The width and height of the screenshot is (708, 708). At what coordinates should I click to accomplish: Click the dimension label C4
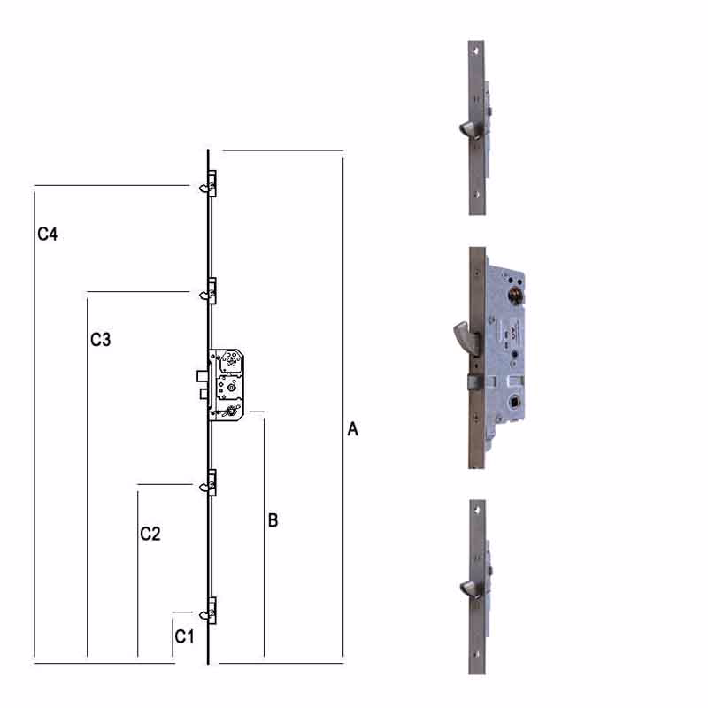click(48, 234)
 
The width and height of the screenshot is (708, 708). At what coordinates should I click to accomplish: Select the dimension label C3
click(100, 340)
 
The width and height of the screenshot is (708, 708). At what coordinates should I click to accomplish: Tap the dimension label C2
click(150, 534)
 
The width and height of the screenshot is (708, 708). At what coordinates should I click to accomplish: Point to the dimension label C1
click(184, 636)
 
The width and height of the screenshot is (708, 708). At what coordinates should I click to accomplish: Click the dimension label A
click(352, 429)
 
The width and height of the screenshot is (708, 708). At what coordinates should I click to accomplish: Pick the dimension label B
click(273, 520)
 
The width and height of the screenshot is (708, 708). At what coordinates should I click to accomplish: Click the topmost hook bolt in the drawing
click(205, 187)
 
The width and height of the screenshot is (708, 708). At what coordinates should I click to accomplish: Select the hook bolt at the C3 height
click(205, 295)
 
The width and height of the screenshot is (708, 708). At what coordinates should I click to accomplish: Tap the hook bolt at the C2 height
click(205, 486)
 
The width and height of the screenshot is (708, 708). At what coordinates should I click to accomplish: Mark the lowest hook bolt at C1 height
click(205, 614)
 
